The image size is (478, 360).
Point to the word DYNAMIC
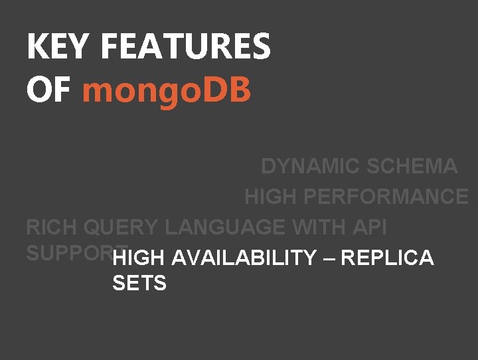tap(309, 166)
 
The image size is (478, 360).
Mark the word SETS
tap(139, 284)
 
